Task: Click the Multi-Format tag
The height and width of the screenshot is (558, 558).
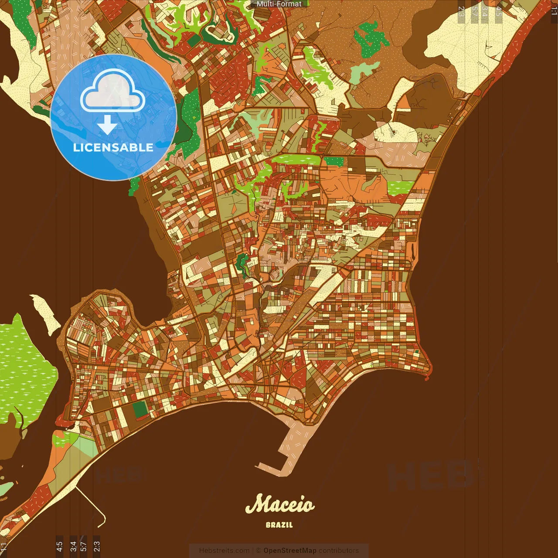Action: point(279,4)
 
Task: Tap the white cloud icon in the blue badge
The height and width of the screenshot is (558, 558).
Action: point(113,92)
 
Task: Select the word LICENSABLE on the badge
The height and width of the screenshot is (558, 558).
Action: point(113,147)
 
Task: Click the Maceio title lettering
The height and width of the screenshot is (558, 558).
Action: point(279,504)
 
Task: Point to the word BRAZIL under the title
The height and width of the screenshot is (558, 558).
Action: point(279,525)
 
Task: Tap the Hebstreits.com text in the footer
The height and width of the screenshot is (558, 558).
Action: point(224,551)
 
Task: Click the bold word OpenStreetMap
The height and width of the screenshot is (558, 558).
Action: point(289,551)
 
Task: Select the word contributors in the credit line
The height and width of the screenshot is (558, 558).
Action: point(339,551)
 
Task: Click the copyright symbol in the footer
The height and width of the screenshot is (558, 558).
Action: point(258,551)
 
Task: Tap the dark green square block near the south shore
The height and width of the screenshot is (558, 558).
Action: point(139,409)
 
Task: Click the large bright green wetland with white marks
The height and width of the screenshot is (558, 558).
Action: point(24,371)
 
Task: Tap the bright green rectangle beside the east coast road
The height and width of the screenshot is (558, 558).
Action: point(400,187)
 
